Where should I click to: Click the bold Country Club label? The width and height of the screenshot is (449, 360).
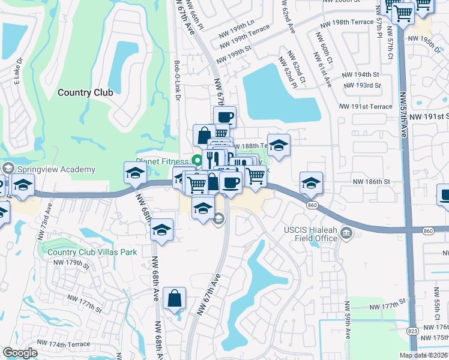85,92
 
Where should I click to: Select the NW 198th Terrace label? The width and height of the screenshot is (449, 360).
351,22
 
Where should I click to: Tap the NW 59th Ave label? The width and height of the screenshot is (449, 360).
348,324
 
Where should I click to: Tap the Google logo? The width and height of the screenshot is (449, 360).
20,353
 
